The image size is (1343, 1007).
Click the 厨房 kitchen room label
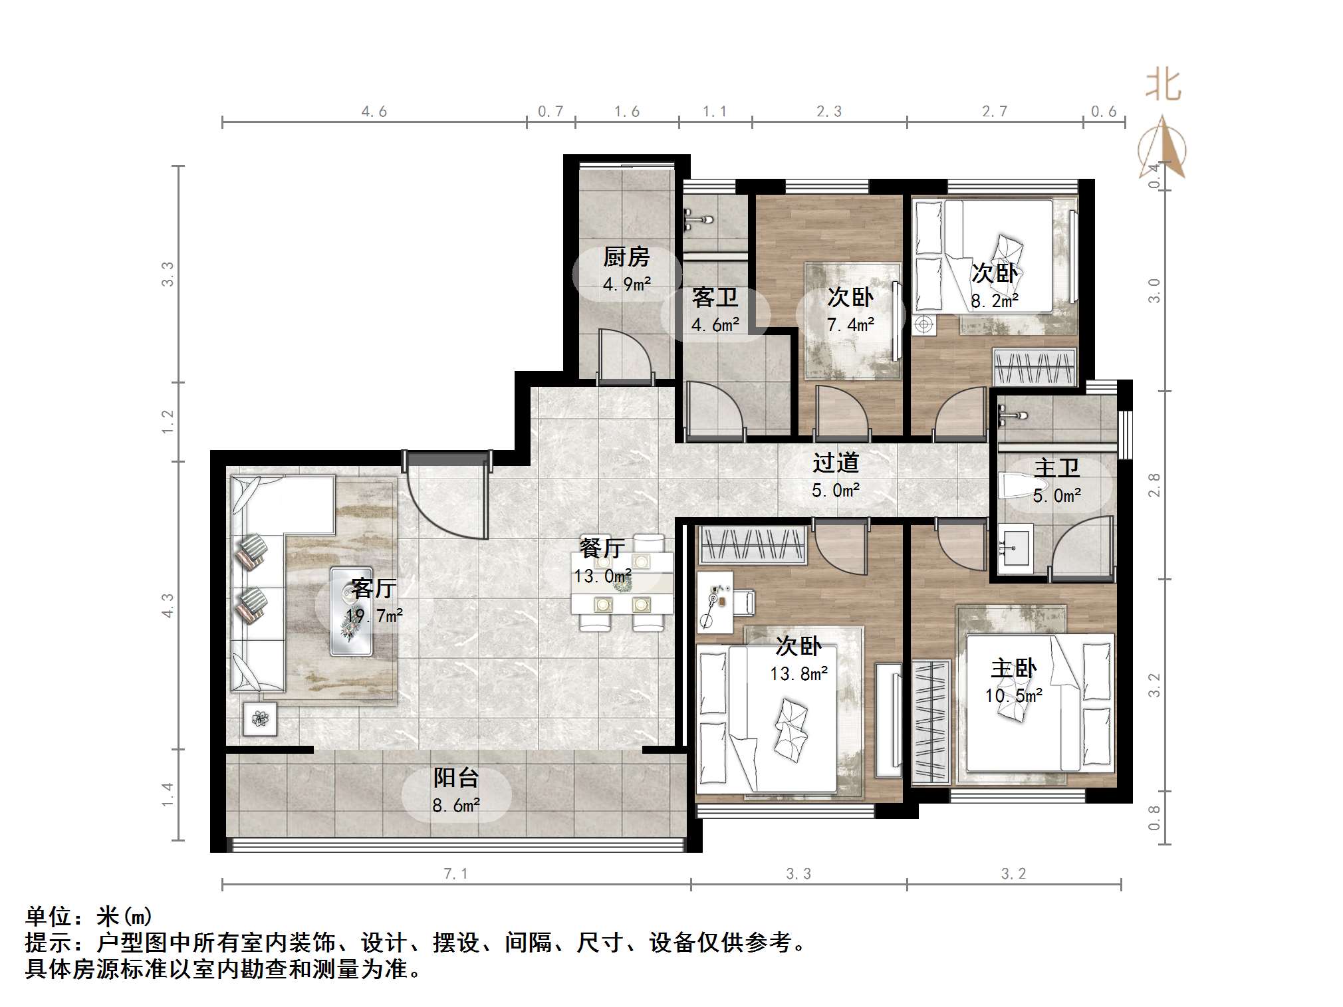[x=626, y=257]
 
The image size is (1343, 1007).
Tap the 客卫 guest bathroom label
[x=715, y=297]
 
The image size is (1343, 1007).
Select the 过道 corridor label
[x=836, y=463]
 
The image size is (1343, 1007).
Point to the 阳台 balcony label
[x=456, y=778]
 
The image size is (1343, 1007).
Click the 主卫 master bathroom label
[x=1057, y=468]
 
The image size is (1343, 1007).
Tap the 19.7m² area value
[x=374, y=616]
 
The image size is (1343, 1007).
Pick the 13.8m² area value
[x=798, y=674]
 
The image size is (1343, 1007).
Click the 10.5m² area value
[x=1013, y=696]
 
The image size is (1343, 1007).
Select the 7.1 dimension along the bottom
[x=456, y=873]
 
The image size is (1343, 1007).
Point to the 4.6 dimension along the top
[x=374, y=112]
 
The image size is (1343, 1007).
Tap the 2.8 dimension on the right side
[x=1154, y=485]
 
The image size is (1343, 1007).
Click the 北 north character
[x=1163, y=86]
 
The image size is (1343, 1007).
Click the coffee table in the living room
[x=352, y=612]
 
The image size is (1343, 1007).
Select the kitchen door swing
[x=625, y=356]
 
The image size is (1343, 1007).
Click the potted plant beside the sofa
[x=260, y=719]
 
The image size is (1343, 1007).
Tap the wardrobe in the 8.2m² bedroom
[x=1034, y=367]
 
